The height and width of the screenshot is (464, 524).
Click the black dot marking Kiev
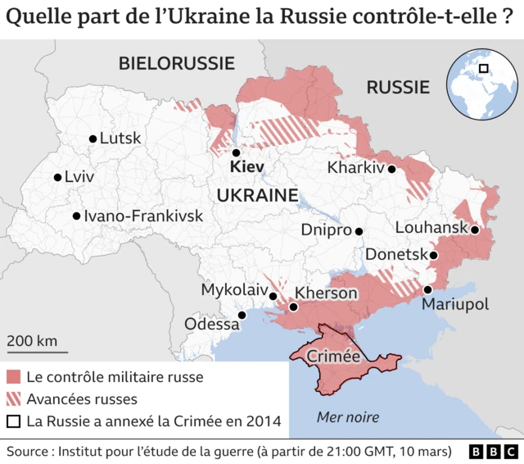(236, 152)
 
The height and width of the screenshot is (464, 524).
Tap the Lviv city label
(79, 177)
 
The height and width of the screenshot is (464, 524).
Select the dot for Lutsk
(93, 139)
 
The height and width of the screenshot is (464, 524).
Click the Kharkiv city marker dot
(392, 169)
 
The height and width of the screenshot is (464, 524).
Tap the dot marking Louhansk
(474, 230)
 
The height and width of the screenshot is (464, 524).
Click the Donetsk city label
(396, 255)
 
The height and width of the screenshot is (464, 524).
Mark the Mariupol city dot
(427, 289)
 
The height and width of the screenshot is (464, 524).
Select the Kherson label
(325, 293)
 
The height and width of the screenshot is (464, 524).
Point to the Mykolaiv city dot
(273, 296)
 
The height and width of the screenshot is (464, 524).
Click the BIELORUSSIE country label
(176, 63)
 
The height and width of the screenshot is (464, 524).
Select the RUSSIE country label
(397, 87)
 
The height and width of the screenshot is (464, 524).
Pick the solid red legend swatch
(13, 378)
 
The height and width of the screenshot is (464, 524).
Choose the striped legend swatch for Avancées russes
(13, 399)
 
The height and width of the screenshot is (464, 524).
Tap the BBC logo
(493, 452)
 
